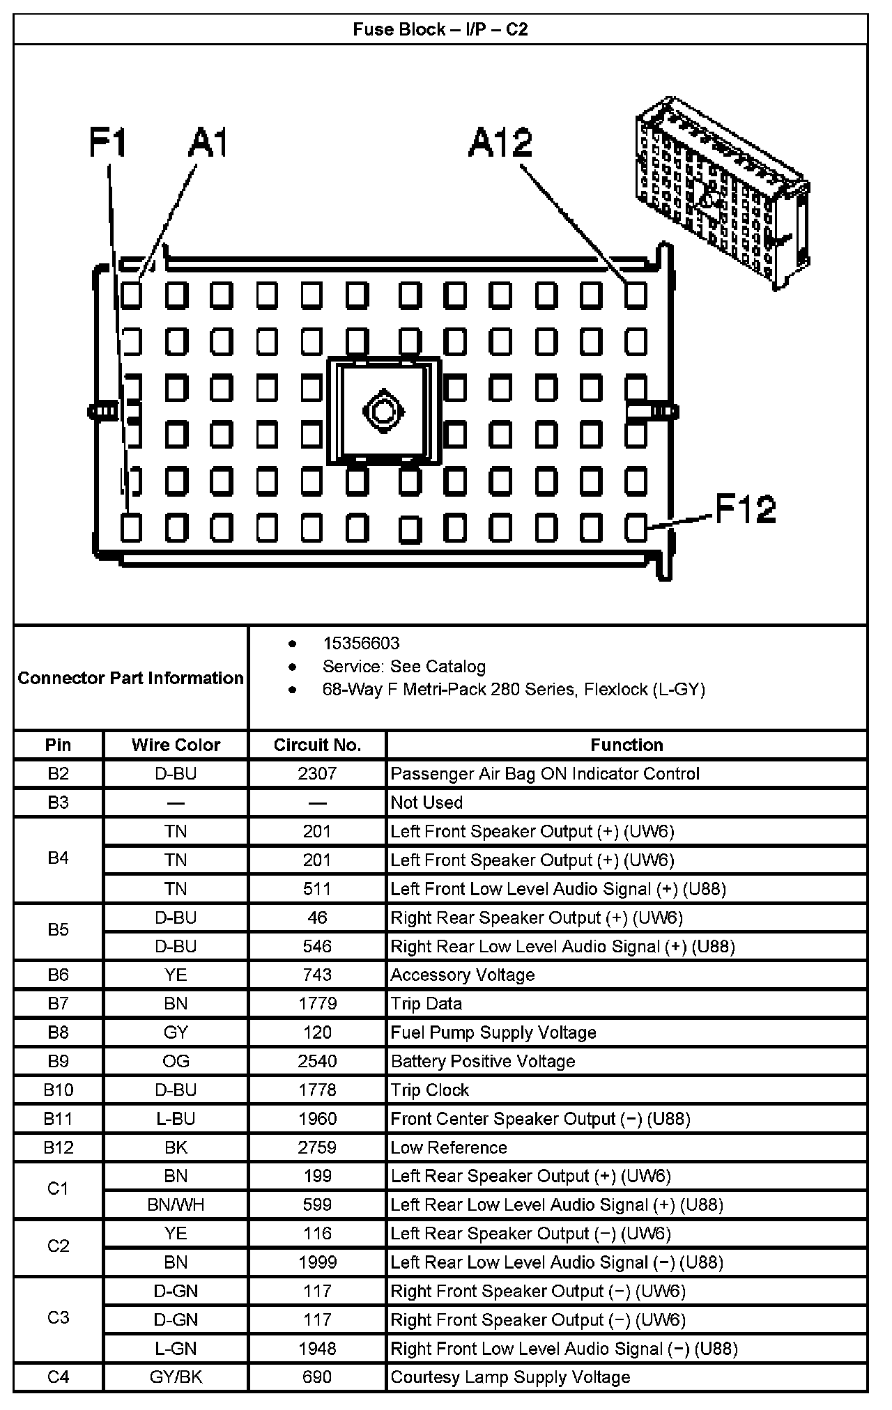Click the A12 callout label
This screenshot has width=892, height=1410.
500,144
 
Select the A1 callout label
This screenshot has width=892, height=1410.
208,143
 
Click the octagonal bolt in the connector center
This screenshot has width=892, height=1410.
381,411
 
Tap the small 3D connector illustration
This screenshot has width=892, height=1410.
721,192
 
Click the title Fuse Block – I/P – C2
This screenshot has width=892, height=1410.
440,29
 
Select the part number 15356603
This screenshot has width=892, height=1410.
361,643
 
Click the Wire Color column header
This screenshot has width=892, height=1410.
176,745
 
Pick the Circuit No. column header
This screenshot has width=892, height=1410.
317,745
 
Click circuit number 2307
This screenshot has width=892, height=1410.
317,773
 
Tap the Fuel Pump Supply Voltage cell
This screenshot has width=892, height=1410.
493,1032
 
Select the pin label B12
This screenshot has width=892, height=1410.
59,1147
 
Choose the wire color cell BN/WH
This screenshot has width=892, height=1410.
176,1204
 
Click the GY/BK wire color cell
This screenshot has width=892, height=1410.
176,1377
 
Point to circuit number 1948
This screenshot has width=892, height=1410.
317,1348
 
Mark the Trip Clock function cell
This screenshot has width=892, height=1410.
430,1090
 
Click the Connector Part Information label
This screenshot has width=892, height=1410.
130,678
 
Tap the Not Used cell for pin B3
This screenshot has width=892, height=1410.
426,803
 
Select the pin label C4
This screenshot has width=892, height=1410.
59,1377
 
